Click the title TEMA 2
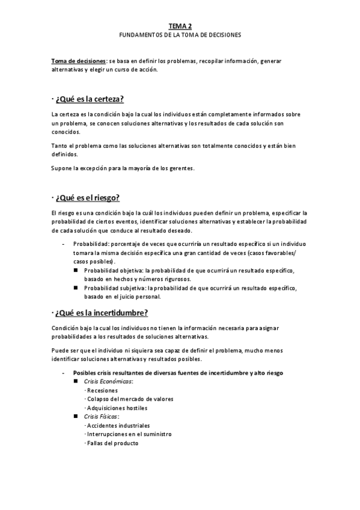[x=180, y=26]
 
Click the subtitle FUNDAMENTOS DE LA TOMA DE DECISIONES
[x=180, y=35]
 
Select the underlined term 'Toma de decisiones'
[x=78, y=61]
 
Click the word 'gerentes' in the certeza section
[x=179, y=168]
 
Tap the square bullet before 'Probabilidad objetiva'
[x=76, y=271]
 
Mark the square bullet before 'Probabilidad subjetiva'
[x=76, y=288]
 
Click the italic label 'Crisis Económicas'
[x=108, y=381]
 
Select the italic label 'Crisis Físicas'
[x=102, y=416]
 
